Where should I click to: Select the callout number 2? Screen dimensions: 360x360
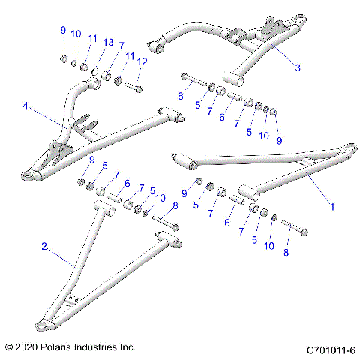click(44, 245)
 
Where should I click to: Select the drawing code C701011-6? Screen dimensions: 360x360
click(331, 349)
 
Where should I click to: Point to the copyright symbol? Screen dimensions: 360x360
click(10, 348)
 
